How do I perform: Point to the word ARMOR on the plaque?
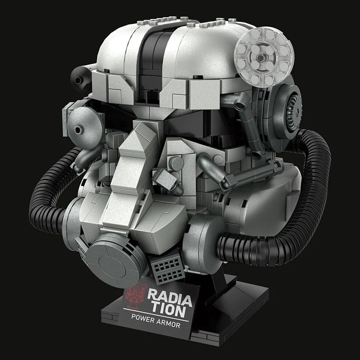168,323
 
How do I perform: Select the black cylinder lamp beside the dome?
81,78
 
